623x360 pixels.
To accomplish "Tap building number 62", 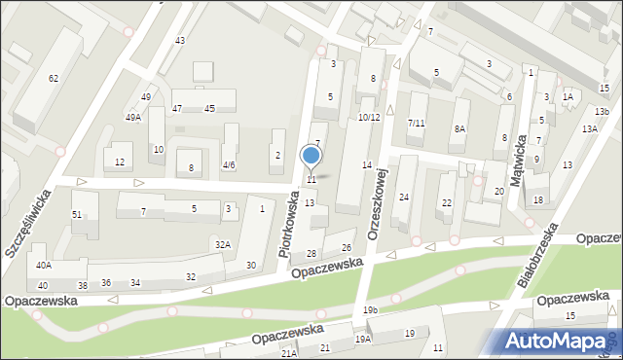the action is (54, 78).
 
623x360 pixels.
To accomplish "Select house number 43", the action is (179, 40).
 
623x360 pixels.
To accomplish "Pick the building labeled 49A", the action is (133, 117).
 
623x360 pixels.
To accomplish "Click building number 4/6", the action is (229, 165).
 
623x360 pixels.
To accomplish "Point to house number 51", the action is (77, 214).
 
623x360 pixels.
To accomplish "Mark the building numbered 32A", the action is (223, 244).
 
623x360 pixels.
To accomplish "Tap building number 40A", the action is (44, 265).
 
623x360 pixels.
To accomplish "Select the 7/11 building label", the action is (416, 123).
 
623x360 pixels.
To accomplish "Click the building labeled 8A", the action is (459, 128).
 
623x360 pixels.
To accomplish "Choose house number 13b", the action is (603, 112).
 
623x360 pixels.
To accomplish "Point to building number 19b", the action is (371, 309).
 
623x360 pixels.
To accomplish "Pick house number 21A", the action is (289, 354).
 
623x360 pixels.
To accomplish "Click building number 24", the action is (403, 198).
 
